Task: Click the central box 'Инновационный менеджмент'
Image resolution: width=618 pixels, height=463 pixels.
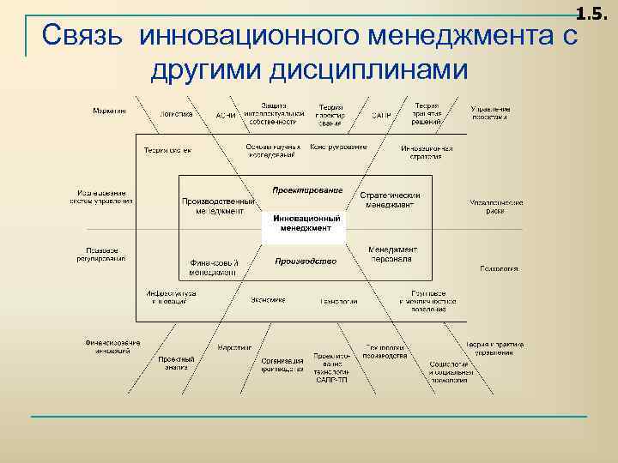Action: [x=307, y=224]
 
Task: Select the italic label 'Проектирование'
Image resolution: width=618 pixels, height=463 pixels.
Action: [x=307, y=189]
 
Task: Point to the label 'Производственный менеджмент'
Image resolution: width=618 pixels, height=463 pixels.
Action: [x=219, y=206]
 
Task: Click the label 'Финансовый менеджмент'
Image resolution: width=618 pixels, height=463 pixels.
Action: [x=214, y=267]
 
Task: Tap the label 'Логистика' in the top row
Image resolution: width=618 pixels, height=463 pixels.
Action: [x=176, y=114]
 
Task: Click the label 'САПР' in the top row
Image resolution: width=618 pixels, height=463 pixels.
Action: [x=383, y=114]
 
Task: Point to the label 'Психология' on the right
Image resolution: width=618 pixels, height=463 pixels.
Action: [x=499, y=268]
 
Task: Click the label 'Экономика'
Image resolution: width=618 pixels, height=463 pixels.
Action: [x=269, y=300]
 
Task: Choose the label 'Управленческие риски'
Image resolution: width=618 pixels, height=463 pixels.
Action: [x=495, y=206]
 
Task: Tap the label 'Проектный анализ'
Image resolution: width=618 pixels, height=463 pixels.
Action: [x=176, y=363]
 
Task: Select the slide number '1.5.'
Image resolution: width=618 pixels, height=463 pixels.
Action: [x=591, y=13]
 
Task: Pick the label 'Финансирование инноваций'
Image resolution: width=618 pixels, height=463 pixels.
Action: [x=112, y=346]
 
